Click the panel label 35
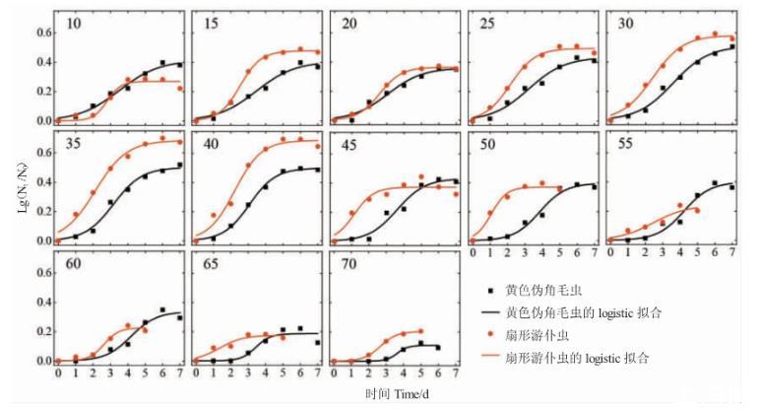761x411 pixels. point(74,142)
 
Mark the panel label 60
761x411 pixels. point(74,264)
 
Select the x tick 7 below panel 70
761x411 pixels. point(455,375)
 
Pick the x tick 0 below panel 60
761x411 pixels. point(58,375)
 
